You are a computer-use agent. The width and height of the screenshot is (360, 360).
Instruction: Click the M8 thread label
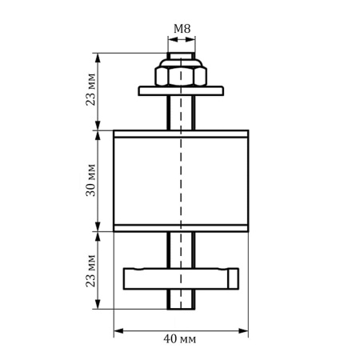(182, 30)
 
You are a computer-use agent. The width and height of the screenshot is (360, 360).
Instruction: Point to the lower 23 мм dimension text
(90, 270)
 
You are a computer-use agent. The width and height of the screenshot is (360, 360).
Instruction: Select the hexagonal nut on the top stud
(181, 77)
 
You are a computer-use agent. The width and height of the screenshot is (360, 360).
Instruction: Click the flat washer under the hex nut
(181, 90)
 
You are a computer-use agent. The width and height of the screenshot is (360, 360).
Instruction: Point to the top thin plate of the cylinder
(181, 133)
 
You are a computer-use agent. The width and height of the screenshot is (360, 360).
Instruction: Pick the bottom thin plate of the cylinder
(181, 227)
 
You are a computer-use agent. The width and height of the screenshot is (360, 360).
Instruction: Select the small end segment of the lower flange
(234, 277)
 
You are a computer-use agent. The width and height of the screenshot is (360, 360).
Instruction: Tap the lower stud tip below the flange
(181, 299)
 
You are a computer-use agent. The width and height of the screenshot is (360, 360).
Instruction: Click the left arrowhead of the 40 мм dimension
(118, 328)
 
